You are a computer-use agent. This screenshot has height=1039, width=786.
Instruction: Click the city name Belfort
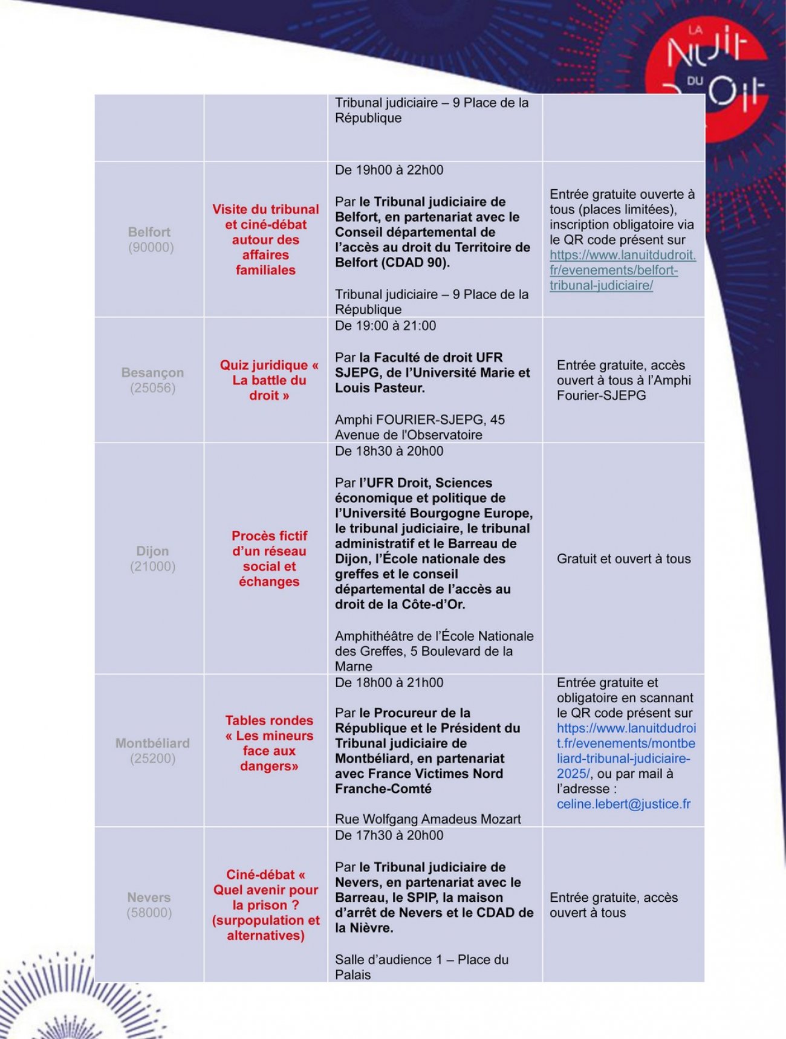pos(149,232)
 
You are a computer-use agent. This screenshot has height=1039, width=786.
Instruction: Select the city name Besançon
pos(152,373)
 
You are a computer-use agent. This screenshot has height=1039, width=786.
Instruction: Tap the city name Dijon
pos(152,551)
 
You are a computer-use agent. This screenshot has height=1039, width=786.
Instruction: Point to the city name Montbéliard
pos(152,743)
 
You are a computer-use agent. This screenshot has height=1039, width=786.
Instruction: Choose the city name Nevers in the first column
pos(149,898)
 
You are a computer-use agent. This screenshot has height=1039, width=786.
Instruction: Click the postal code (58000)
pos(149,913)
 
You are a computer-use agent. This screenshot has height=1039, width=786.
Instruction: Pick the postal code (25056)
pos(152,388)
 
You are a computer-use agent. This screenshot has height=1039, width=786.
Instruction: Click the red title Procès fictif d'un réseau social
pos(269,558)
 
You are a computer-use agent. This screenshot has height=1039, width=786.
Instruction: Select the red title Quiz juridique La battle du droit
pos(269,380)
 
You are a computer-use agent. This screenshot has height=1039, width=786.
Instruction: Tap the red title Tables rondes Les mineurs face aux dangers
pos(269,743)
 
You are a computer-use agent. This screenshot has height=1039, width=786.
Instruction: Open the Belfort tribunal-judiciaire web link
pos(622,270)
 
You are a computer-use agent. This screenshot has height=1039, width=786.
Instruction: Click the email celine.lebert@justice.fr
pos(623,804)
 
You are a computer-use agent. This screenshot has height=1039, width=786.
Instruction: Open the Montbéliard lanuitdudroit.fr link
pos(626,751)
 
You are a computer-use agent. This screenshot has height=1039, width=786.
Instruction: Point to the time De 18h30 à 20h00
pos(389,452)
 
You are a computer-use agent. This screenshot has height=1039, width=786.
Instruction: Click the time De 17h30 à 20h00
pos(389,836)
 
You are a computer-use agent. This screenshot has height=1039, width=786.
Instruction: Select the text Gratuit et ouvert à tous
pos(623,559)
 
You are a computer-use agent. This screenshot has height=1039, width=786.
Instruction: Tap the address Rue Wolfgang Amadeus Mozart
pos(427,820)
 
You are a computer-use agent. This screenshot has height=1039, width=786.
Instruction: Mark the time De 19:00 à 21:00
pos(385,326)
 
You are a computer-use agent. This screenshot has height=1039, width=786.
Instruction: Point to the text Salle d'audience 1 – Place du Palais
pos(421,967)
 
